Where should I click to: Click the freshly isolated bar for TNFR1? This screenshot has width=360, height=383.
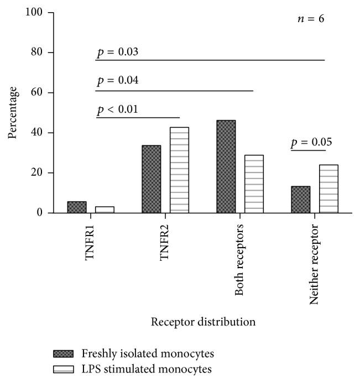(77, 207)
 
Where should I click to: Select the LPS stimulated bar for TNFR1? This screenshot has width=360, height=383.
(105, 209)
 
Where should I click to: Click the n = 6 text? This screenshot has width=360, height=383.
(309, 19)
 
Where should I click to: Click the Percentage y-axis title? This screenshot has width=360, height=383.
(13, 112)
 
